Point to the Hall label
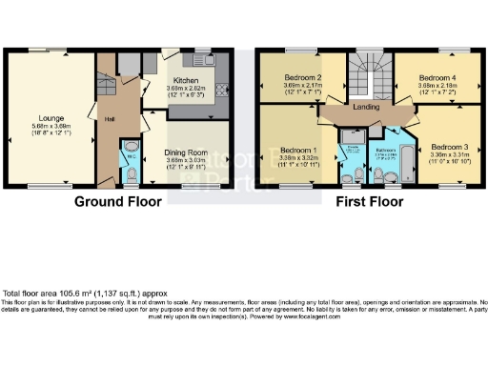point(111,115)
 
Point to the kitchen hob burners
point(222,91)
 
